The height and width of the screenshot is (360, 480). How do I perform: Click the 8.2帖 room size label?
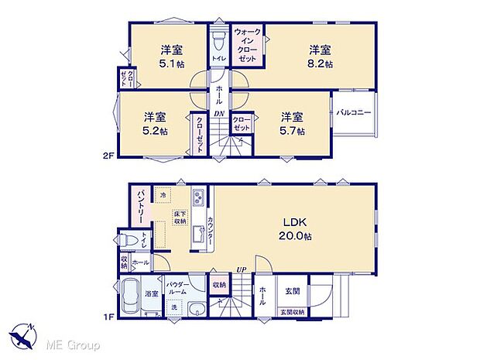(x=320, y=64)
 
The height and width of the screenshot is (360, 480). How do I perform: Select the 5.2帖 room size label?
(x=156, y=131)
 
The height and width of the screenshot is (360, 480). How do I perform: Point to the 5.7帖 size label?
(x=293, y=131)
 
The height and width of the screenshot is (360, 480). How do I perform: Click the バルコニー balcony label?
(x=355, y=113)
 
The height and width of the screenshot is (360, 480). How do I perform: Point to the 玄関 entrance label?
(x=293, y=290)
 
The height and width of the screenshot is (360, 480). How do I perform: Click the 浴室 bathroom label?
(x=153, y=294)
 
